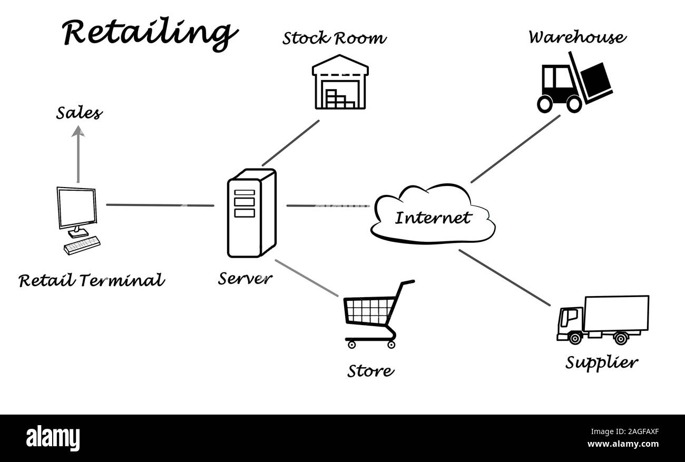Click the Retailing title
[149, 33]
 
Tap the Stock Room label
[334, 38]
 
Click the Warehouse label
[577, 37]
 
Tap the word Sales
[79, 113]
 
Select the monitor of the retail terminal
[77, 208]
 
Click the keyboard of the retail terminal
[82, 245]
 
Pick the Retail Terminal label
[91, 280]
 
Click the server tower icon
[251, 213]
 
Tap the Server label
[245, 278]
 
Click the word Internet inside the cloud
[432, 218]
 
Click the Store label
[370, 371]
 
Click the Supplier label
[601, 362]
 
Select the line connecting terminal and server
[160, 205]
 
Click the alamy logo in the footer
[53, 438]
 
